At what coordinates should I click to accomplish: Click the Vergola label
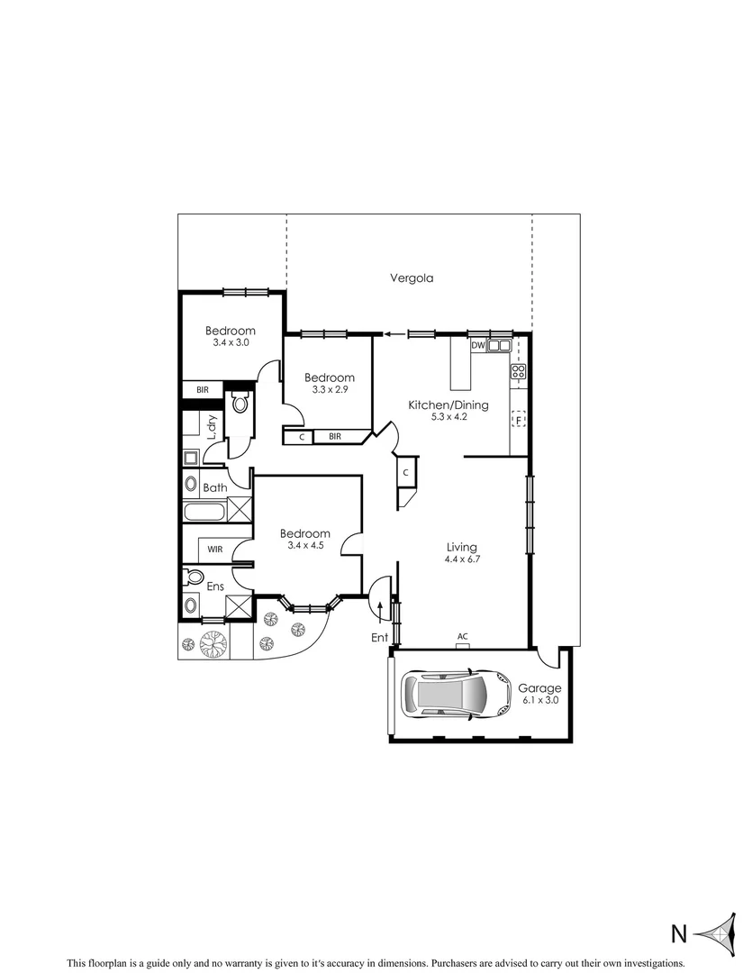coord(412,278)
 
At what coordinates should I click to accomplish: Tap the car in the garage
coord(445,694)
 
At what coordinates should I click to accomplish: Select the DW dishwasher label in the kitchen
coord(477,345)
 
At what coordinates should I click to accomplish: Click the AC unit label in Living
coord(463,636)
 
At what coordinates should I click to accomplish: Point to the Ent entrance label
coord(379,638)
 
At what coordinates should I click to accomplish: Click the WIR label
coord(215,549)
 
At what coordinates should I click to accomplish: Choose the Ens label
coord(215,587)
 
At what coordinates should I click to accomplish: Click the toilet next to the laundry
coord(240,404)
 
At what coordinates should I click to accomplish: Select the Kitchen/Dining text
coord(448,405)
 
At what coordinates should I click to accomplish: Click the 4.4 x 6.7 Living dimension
coord(462,559)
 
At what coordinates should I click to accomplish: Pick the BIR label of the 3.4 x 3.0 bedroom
coord(203,390)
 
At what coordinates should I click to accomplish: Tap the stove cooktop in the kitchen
coord(519,370)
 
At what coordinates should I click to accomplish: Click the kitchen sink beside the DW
coord(499,345)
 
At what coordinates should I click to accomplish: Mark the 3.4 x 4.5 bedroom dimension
coord(304,545)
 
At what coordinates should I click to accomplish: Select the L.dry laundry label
coord(213,427)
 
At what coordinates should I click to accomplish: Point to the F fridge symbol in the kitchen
coord(518,419)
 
